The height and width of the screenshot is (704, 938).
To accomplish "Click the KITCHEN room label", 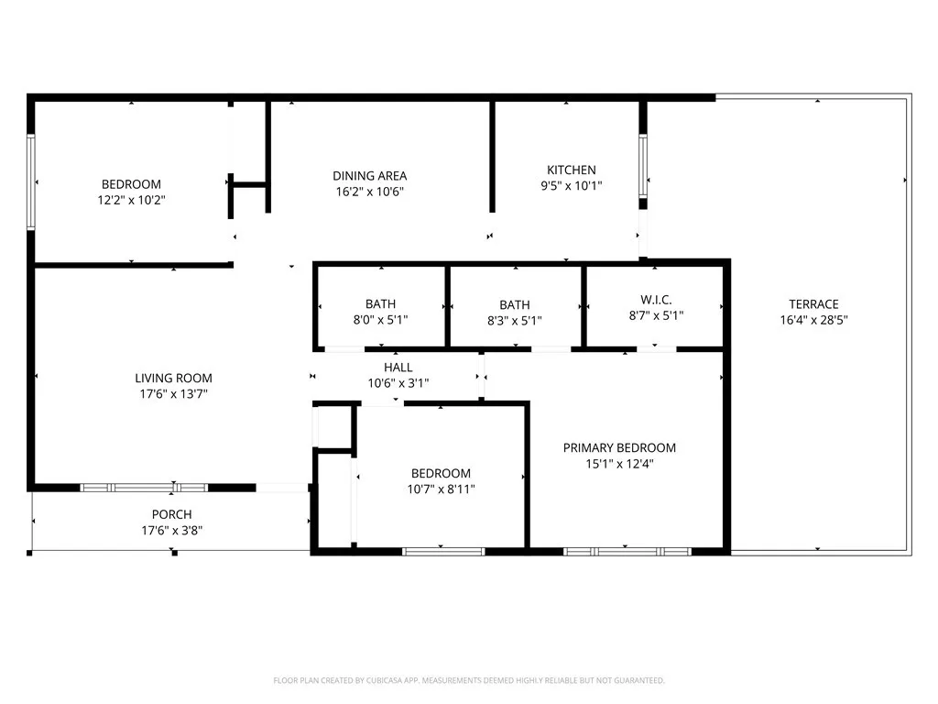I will (571, 170).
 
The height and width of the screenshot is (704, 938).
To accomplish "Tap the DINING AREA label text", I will (369, 176).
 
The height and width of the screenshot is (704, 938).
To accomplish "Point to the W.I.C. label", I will (656, 300).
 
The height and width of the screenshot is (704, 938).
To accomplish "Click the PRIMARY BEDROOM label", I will (619, 447).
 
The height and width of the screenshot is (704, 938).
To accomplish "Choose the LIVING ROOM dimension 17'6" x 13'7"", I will (173, 394).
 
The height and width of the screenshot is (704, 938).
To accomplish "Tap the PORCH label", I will (171, 514).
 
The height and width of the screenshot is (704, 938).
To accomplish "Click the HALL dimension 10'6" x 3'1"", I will (398, 383).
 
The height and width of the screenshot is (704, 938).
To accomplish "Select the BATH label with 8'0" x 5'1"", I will (380, 304).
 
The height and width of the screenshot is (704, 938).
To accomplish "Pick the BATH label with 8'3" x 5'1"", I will (515, 304).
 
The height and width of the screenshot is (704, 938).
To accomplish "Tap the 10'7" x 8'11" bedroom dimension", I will (441, 489).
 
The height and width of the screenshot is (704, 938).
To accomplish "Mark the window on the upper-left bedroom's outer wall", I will (31, 181).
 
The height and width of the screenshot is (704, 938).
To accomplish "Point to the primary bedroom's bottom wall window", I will (627, 552).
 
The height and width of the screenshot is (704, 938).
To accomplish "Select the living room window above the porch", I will (145, 488).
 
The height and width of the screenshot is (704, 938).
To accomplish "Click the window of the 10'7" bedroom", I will (443, 552).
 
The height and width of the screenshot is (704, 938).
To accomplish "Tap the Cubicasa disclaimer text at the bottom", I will (468, 680).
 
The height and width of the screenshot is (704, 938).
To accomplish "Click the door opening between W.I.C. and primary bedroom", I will (656, 349).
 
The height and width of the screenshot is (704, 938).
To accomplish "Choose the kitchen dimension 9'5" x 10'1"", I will (571, 186).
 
